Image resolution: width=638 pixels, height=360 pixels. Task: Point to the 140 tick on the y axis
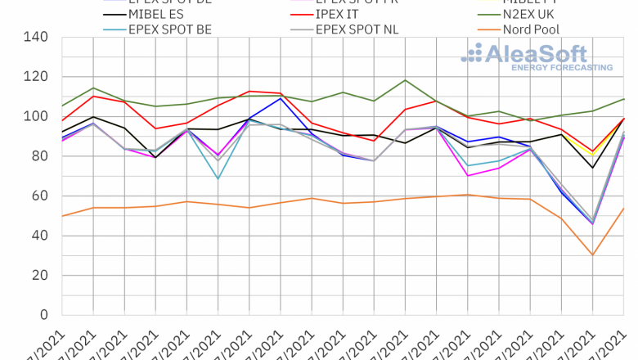click(x=36, y=38)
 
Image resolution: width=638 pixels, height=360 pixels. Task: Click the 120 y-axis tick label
click(x=36, y=77)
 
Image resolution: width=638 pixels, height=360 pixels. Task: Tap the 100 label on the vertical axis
click(x=36, y=117)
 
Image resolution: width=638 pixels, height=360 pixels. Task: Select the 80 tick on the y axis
click(x=39, y=156)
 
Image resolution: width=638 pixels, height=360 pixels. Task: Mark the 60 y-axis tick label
click(x=39, y=196)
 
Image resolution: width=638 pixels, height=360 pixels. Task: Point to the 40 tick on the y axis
click(x=39, y=236)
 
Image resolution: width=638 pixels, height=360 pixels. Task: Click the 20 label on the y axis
click(x=39, y=276)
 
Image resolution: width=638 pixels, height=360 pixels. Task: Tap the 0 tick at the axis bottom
click(x=43, y=315)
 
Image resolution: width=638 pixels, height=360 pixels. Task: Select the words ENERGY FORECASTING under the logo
click(x=561, y=67)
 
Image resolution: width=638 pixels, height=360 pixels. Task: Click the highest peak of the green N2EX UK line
click(x=406, y=80)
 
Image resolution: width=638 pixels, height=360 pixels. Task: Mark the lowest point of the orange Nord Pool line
click(x=592, y=254)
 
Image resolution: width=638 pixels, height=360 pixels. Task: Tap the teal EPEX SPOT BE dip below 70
click(x=218, y=178)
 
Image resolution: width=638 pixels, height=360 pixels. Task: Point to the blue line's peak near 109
click(x=281, y=98)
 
